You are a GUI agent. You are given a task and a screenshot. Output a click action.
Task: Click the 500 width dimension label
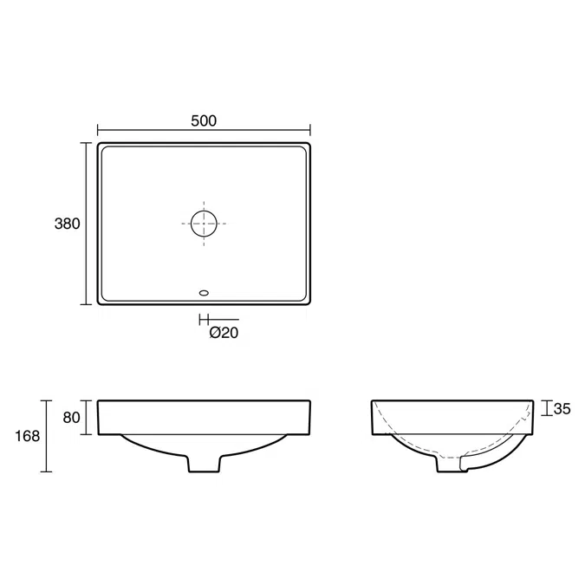pyautogui.click(x=203, y=121)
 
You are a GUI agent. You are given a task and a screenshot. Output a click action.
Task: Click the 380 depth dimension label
pyautogui.click(x=67, y=224)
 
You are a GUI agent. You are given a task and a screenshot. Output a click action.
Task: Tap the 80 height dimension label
pyautogui.click(x=71, y=418)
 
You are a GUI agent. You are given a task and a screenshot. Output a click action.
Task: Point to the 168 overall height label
pyautogui.click(x=28, y=436)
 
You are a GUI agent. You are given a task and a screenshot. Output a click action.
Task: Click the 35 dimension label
pyautogui.click(x=562, y=408)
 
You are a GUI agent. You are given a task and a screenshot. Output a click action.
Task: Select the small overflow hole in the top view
pyautogui.click(x=204, y=293)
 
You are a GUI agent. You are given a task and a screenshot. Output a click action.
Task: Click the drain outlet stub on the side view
pyautogui.click(x=451, y=465)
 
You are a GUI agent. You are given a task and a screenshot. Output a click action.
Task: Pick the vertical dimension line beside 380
pyautogui.click(x=86, y=224)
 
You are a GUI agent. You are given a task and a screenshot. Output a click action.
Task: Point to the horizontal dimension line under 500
pyautogui.click(x=203, y=132)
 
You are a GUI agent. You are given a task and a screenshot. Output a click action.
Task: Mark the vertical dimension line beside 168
pyautogui.click(x=47, y=436)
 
